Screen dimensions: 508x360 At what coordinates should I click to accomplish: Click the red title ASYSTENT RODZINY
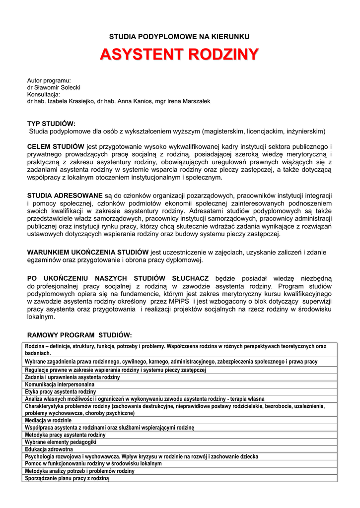click(179, 55)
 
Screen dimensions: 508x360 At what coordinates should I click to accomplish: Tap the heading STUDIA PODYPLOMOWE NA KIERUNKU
click(179, 36)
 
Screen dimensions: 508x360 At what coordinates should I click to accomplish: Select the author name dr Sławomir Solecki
click(54, 87)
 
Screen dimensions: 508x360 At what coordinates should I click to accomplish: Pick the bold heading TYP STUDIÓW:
click(51, 124)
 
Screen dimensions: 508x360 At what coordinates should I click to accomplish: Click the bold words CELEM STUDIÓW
click(56, 147)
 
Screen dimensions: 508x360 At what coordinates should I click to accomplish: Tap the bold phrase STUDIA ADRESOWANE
click(65, 195)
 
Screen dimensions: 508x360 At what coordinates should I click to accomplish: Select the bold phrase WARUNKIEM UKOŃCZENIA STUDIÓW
click(88, 252)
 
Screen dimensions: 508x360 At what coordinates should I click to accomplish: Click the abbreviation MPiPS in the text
click(179, 301)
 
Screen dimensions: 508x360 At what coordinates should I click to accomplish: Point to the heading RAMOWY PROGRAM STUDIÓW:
click(79, 335)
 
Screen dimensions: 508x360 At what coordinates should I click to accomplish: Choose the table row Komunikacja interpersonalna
click(60, 384)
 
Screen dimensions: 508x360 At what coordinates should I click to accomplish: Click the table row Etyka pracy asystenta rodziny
click(61, 391)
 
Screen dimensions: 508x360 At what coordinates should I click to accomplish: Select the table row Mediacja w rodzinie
click(48, 420)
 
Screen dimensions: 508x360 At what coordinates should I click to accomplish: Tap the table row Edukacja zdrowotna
click(49, 449)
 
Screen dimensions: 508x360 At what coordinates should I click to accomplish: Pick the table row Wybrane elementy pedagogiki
click(61, 442)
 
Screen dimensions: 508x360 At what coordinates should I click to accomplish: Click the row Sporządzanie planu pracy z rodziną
click(67, 478)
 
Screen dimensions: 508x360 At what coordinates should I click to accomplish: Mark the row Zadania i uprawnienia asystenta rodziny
click(72, 377)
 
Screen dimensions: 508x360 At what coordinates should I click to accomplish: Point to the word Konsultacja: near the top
click(44, 94)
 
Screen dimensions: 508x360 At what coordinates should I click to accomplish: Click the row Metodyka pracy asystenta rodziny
click(65, 435)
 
